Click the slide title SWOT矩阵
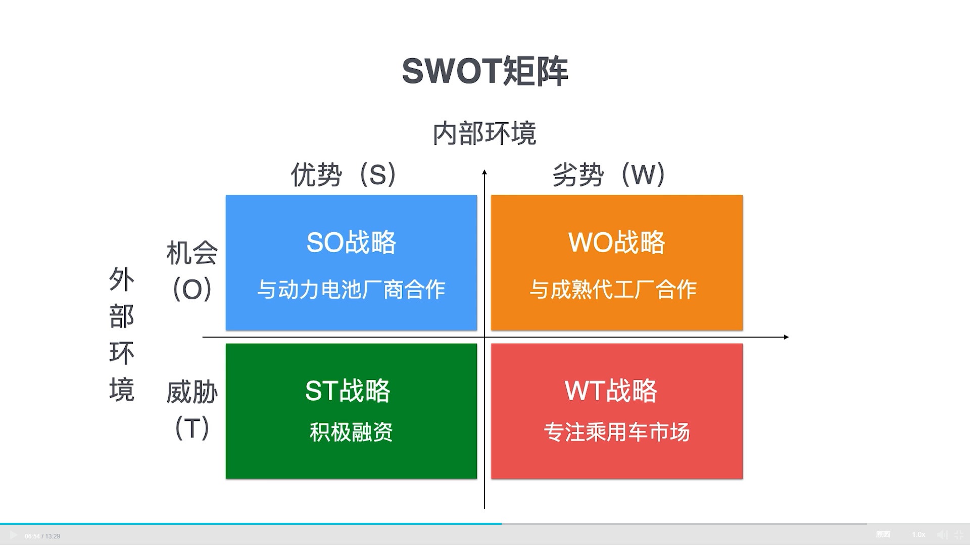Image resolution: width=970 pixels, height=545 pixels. click(x=485, y=71)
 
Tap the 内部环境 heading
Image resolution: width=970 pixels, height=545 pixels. click(x=484, y=134)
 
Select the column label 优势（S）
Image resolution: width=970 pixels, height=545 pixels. click(x=344, y=175)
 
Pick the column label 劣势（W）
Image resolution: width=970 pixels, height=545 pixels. click(x=609, y=175)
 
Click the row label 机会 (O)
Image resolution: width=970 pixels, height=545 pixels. click(x=192, y=270)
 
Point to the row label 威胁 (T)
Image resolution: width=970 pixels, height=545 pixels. click(x=192, y=409)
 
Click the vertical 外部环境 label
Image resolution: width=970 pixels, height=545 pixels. click(x=122, y=335)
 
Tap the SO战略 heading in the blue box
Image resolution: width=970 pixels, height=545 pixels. click(x=351, y=243)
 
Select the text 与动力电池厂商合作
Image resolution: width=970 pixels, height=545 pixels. click(x=351, y=290)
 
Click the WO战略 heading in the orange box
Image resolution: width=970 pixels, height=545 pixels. click(x=616, y=243)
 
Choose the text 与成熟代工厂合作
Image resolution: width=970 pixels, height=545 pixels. click(x=613, y=290)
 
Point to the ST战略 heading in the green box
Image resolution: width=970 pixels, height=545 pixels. click(x=348, y=391)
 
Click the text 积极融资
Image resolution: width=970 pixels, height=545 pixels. click(x=351, y=432)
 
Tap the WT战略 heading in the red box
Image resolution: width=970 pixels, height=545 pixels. click(x=611, y=391)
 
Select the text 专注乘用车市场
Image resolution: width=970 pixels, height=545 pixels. click(x=616, y=432)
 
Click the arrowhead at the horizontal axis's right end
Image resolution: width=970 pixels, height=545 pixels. click(x=786, y=337)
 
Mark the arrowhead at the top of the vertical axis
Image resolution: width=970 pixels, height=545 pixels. click(x=484, y=173)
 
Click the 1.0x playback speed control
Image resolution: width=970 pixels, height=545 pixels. click(x=918, y=534)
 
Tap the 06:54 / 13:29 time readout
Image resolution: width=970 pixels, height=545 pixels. click(x=42, y=536)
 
